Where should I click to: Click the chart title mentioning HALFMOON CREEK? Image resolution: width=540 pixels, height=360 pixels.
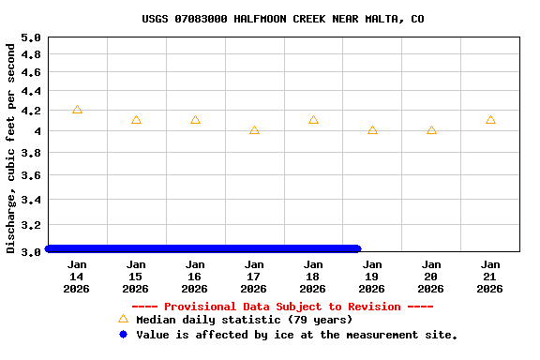(x=283, y=19)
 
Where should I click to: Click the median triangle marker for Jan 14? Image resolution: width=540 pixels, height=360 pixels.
(x=77, y=110)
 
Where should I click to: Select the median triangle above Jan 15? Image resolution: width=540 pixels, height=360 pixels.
(x=136, y=120)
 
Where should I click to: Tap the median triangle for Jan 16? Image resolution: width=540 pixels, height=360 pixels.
(x=195, y=120)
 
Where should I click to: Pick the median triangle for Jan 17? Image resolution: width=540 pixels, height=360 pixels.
(x=254, y=130)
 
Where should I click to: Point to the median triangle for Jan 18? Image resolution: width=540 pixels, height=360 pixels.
(x=313, y=120)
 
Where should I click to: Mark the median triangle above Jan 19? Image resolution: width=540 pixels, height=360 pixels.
(x=372, y=130)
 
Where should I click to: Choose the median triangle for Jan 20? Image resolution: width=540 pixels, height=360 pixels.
(x=431, y=130)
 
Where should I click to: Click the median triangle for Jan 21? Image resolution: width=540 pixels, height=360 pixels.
(x=490, y=120)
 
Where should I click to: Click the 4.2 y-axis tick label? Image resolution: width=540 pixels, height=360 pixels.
(x=31, y=111)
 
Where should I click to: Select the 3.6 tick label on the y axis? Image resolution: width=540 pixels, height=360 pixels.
(x=31, y=175)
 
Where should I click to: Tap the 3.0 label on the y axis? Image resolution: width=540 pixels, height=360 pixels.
(x=31, y=251)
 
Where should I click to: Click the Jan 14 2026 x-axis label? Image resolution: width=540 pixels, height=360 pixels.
(x=77, y=277)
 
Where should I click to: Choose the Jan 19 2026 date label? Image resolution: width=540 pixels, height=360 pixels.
(x=372, y=277)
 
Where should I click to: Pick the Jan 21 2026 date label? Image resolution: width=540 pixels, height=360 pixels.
(x=490, y=277)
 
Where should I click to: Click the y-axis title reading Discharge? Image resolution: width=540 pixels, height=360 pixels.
(x=11, y=144)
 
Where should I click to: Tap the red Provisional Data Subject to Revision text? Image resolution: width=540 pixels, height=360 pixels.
(x=282, y=307)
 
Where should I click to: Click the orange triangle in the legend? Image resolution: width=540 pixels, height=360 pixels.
(x=123, y=319)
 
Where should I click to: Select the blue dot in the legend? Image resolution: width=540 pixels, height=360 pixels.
(x=123, y=335)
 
